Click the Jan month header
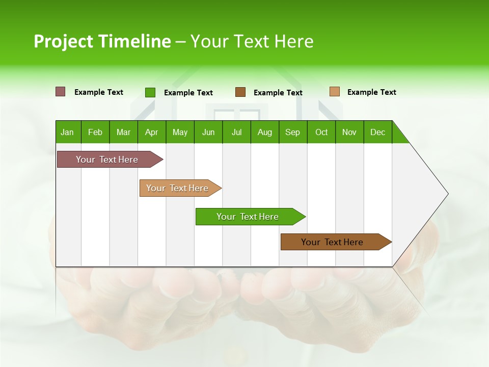click(x=67, y=132)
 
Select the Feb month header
click(x=95, y=132)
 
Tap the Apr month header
click(x=151, y=132)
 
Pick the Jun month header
click(x=208, y=132)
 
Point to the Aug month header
click(x=264, y=132)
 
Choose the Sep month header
click(x=292, y=132)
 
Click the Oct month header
click(x=321, y=132)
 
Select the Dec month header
click(x=377, y=132)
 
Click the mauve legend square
click(x=61, y=92)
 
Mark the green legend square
click(x=150, y=92)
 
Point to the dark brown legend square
click(x=240, y=92)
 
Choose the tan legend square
click(x=335, y=92)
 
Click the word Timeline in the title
click(x=134, y=41)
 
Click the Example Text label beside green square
click(x=188, y=93)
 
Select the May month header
click(x=180, y=132)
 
